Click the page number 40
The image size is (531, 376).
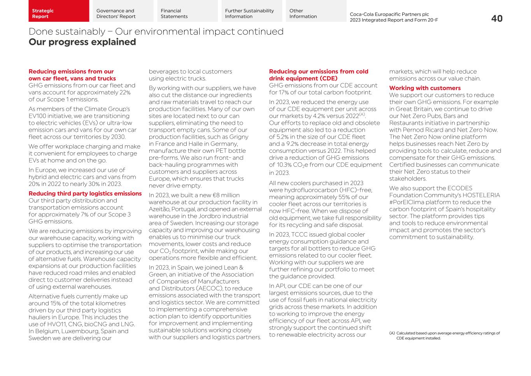496,18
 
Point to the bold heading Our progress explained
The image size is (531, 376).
82,42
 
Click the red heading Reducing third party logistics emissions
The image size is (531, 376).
85,194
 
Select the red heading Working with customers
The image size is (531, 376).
425,88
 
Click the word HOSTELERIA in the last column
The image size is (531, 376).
481,195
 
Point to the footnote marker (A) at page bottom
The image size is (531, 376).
392,333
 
